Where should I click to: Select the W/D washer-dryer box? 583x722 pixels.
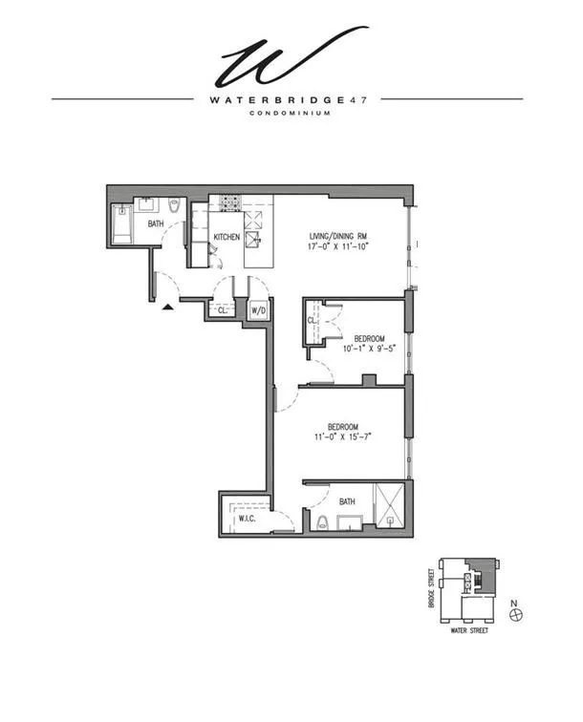(x=258, y=311)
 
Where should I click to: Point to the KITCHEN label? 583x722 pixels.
(x=227, y=236)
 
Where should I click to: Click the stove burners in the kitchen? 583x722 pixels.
(x=229, y=202)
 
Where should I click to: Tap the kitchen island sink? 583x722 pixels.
(x=255, y=239)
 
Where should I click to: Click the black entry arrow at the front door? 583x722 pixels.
(x=168, y=307)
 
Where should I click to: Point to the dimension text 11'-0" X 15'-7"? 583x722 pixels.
(x=343, y=438)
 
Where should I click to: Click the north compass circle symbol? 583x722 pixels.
(x=517, y=615)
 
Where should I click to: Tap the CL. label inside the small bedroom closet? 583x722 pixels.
(x=313, y=322)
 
